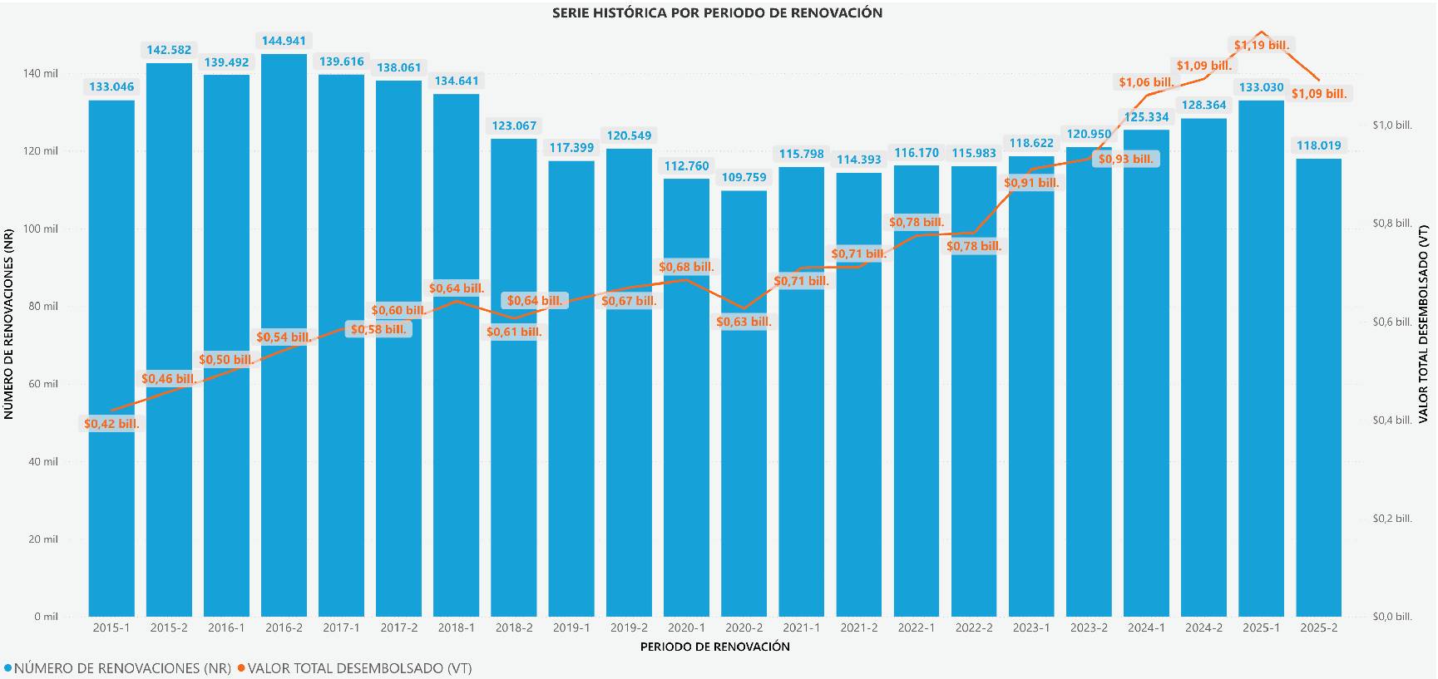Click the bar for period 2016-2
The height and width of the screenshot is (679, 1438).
click(284, 374)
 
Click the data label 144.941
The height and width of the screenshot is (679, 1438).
click(284, 41)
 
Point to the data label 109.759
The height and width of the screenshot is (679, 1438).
click(744, 177)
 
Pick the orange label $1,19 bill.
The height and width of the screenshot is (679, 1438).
click(1261, 45)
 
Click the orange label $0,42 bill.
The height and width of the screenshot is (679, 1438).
click(111, 424)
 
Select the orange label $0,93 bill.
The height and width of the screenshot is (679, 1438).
click(1126, 159)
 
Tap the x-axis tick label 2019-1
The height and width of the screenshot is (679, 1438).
click(571, 628)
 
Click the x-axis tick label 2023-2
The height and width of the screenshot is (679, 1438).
click(1089, 628)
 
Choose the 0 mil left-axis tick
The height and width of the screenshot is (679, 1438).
click(47, 617)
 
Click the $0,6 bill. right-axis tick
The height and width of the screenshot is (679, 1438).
click(1391, 322)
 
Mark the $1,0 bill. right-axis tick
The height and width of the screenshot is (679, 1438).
click(1391, 125)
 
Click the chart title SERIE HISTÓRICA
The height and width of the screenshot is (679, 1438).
click(717, 12)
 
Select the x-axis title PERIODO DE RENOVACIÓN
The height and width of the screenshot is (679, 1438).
click(715, 647)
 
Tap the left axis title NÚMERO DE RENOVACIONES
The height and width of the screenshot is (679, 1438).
click(9, 324)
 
